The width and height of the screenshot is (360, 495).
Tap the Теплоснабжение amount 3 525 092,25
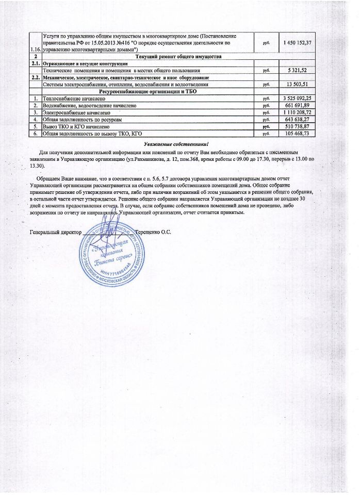pyautogui.click(x=296, y=97)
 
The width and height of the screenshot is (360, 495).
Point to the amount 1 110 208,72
pyautogui.click(x=296, y=112)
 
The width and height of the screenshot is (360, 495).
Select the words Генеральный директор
pyautogui.click(x=53, y=232)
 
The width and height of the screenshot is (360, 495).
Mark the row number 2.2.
pyautogui.click(x=35, y=77)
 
